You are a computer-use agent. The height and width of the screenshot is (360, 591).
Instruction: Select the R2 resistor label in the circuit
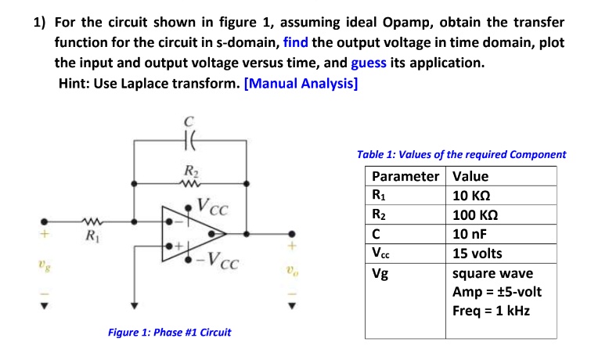pyautogui.click(x=190, y=171)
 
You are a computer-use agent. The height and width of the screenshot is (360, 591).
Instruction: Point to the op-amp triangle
pyautogui.click(x=188, y=232)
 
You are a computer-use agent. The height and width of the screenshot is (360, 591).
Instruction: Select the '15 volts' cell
pyautogui.click(x=477, y=254)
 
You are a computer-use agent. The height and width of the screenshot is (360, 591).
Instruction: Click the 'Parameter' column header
pyautogui.click(x=405, y=176)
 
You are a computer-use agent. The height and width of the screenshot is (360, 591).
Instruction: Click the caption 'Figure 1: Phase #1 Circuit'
pyautogui.click(x=169, y=333)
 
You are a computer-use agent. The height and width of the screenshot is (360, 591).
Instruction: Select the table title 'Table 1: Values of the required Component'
pyautogui.click(x=460, y=155)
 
